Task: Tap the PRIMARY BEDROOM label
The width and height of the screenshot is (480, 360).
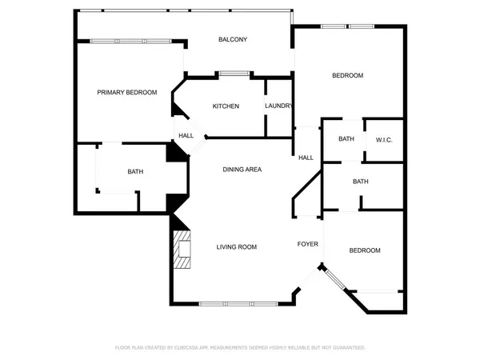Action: [x=126, y=93]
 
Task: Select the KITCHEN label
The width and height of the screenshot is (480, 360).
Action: [x=226, y=106]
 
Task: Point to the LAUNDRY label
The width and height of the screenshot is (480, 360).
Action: [x=278, y=106]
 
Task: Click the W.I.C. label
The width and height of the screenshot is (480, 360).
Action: [x=384, y=140]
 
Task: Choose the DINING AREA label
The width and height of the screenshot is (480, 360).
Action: [x=242, y=170]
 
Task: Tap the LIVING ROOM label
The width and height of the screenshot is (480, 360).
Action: [x=236, y=247]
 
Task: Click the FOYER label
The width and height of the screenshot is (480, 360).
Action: [x=308, y=244]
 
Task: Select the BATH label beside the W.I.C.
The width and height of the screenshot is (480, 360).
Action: [x=346, y=139]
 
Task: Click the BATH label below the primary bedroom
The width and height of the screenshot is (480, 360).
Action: [x=135, y=172]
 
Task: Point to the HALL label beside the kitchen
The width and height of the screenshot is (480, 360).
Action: [x=186, y=136]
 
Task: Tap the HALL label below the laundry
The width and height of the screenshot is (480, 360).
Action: [x=306, y=158]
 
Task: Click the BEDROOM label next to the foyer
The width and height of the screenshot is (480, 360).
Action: [x=364, y=251]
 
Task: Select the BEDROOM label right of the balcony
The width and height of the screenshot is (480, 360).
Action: [x=347, y=76]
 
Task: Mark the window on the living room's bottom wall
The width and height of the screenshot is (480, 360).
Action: [x=238, y=303]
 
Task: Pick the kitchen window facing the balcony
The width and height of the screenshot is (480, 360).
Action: [x=234, y=74]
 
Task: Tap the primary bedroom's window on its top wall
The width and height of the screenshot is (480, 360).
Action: [x=130, y=41]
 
